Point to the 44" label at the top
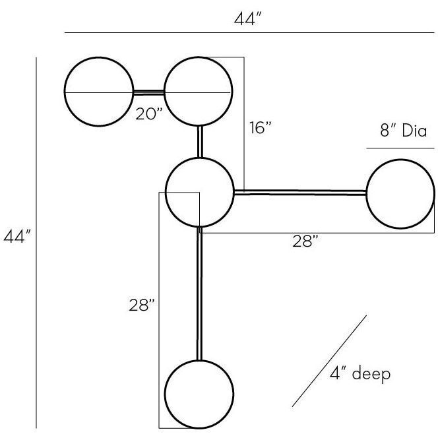249,19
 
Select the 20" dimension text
149,113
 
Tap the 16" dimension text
261,128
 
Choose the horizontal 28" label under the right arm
306,242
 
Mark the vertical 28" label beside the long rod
142,305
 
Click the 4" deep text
360,374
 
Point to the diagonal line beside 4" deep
329,361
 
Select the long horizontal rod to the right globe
300,193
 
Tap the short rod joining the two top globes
148,92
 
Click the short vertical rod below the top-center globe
199,141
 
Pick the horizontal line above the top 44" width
249,32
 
